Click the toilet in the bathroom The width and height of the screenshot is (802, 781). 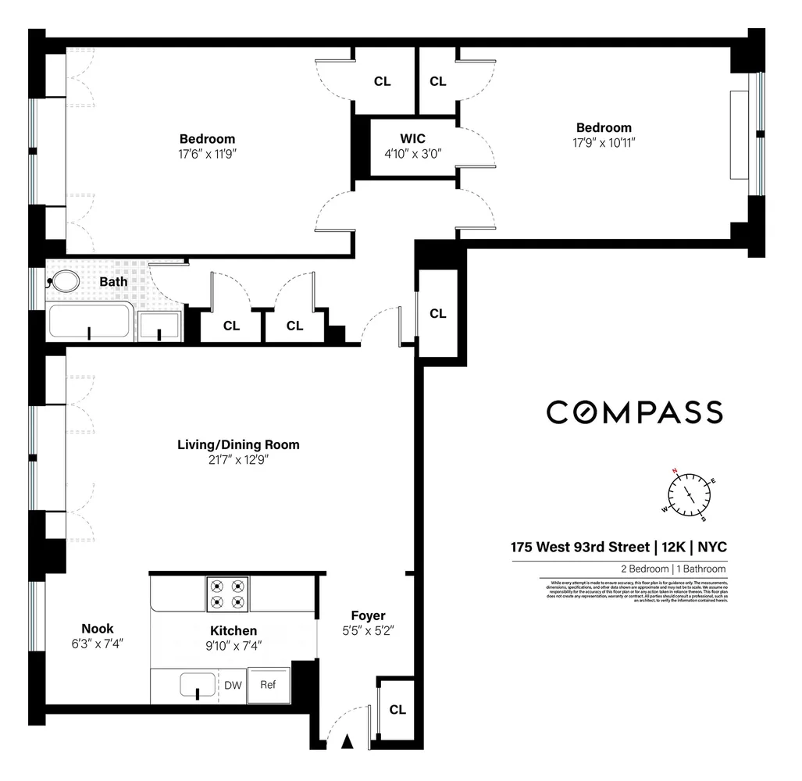[65, 281]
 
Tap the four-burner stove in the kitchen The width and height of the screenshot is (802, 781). [227, 594]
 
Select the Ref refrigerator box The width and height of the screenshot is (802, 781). [268, 685]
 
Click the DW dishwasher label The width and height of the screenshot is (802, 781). [233, 686]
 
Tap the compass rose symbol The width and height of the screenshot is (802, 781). [689, 494]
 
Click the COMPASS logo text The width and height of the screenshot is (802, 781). [634, 412]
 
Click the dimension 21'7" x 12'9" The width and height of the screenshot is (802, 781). [238, 460]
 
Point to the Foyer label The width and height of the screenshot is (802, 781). [368, 615]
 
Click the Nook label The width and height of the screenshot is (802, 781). [98, 629]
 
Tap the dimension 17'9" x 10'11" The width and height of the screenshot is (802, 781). [604, 143]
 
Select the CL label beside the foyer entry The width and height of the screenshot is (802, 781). [397, 710]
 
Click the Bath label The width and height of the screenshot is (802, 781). [113, 281]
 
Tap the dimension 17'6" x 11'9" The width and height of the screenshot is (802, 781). [207, 154]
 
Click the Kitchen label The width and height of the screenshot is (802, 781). [233, 631]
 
